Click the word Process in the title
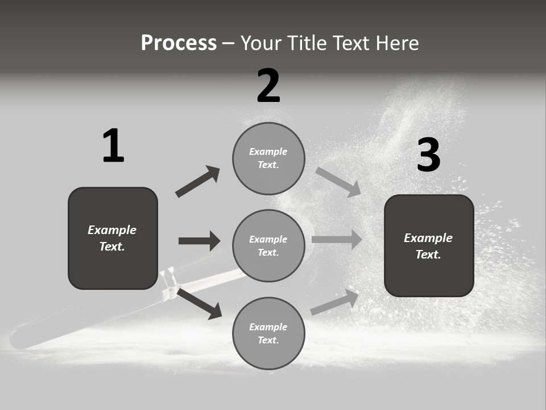(x=179, y=43)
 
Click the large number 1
(x=113, y=146)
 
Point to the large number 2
(x=268, y=86)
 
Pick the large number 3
(x=428, y=155)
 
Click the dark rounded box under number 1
(x=113, y=238)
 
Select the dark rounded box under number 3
(x=429, y=245)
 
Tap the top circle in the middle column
(x=268, y=158)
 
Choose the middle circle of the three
(x=268, y=245)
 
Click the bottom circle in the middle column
(x=268, y=333)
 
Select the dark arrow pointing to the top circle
(x=197, y=182)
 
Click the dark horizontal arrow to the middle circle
(x=199, y=241)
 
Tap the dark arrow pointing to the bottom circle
(x=199, y=304)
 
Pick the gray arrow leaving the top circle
(x=338, y=181)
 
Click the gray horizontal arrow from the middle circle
(x=337, y=240)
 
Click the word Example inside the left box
(x=112, y=230)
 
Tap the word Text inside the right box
(x=428, y=255)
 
